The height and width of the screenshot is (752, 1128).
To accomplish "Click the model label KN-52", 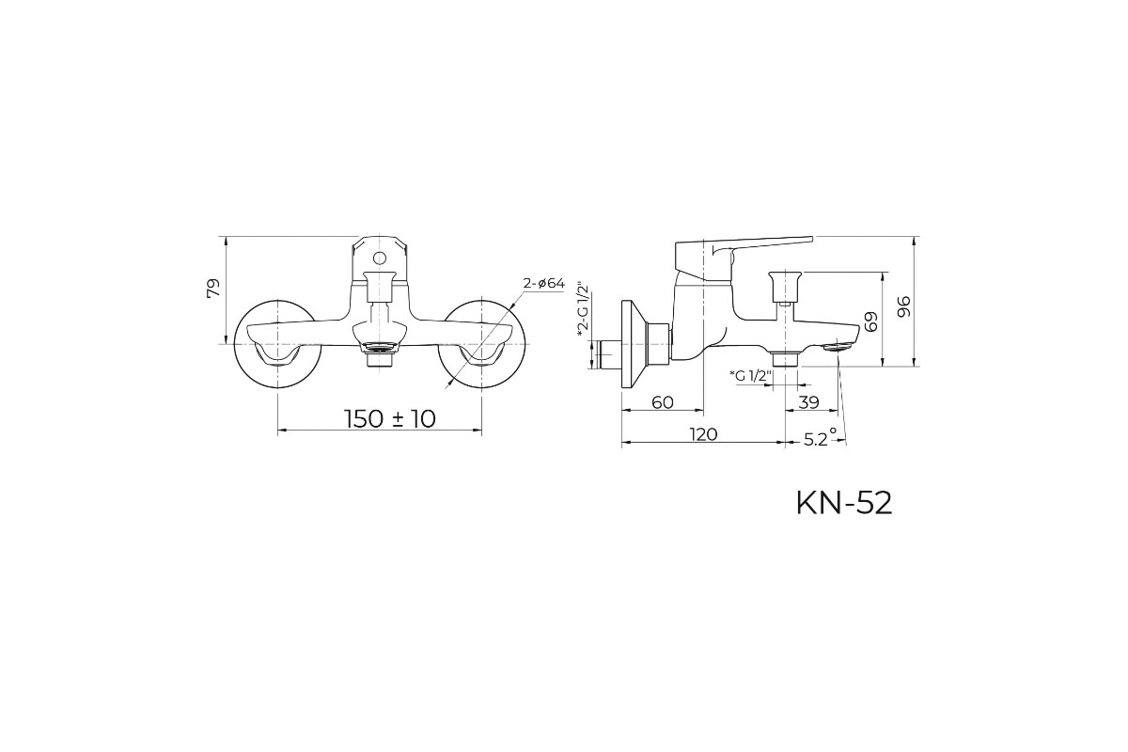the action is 844,504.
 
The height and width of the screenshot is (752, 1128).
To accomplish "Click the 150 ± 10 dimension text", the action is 390,418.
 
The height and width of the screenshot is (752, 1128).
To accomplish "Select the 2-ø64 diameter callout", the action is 544,284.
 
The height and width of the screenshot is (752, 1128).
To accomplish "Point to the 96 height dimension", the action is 904,306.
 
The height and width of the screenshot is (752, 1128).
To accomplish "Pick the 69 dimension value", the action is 870,321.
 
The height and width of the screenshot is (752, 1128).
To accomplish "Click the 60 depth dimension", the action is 662,402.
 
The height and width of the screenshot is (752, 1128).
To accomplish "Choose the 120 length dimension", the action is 703,434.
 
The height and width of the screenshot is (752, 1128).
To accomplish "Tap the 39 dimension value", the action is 809,402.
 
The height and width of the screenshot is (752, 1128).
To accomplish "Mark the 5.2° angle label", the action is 820,438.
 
